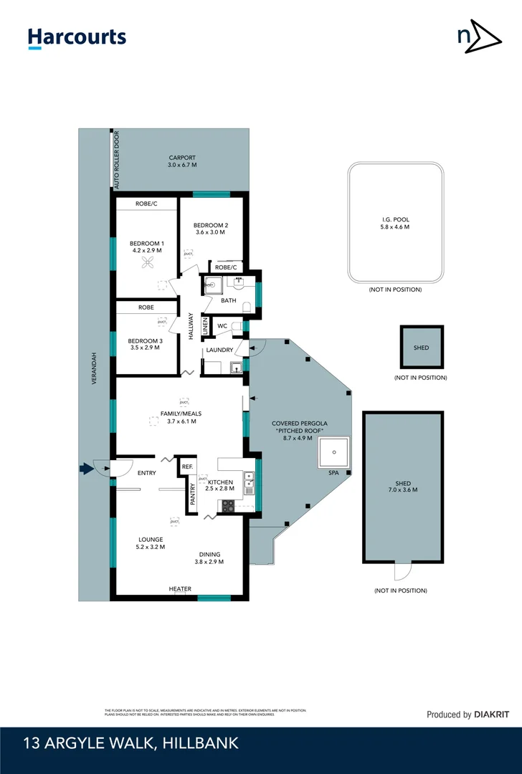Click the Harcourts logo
[x=77, y=38]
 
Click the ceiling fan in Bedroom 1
[x=148, y=264]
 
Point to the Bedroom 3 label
[x=145, y=345]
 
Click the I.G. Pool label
[x=395, y=224]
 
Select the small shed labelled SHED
[x=422, y=348]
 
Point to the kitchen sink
[x=248, y=482]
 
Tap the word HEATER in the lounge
[x=180, y=589]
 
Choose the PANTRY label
[x=192, y=493]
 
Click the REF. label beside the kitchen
[x=187, y=467]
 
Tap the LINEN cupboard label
[x=205, y=325]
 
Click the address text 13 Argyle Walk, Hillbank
[x=130, y=744]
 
